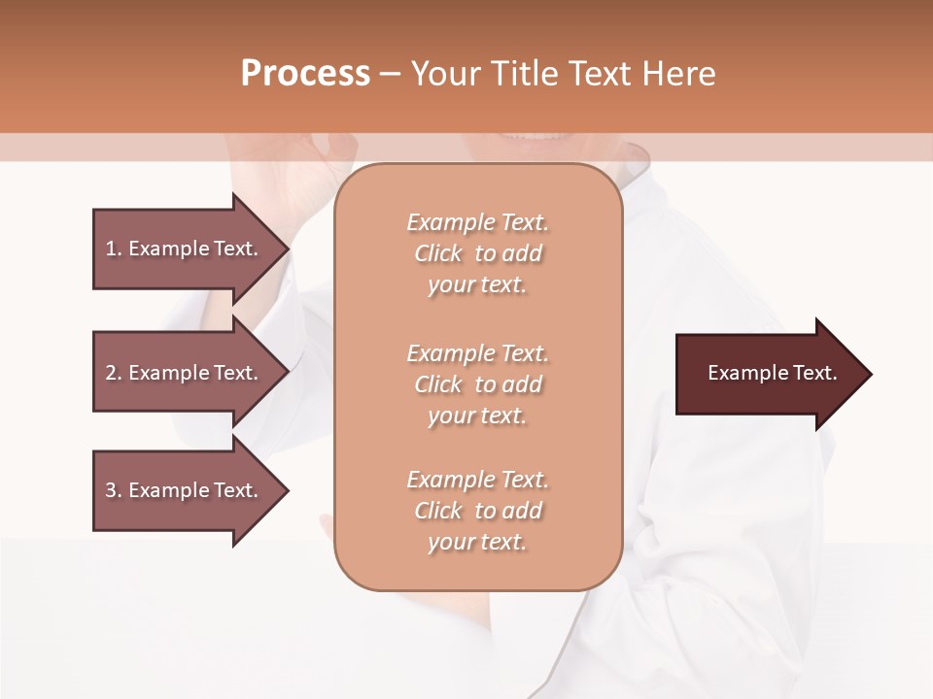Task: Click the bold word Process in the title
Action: pyautogui.click(x=305, y=74)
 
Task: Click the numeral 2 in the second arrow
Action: pyautogui.click(x=110, y=373)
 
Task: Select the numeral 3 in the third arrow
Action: pyautogui.click(x=110, y=490)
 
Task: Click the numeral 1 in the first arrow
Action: pyautogui.click(x=110, y=249)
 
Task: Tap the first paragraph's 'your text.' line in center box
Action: pyautogui.click(x=477, y=285)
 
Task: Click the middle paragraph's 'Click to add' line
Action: pyautogui.click(x=477, y=384)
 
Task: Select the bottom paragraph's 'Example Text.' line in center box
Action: pyautogui.click(x=477, y=480)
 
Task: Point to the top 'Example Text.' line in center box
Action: pyautogui.click(x=477, y=222)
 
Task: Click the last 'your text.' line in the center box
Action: pyautogui.click(x=477, y=543)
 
